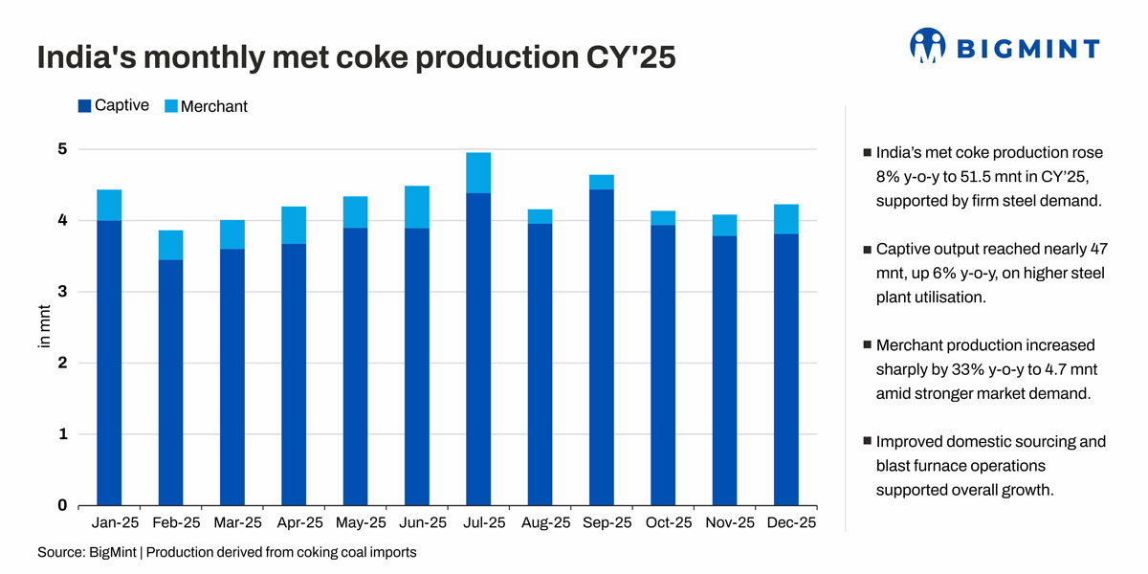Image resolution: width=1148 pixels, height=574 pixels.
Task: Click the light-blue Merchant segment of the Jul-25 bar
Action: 478,173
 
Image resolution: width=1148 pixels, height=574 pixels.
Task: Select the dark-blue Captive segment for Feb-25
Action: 170,383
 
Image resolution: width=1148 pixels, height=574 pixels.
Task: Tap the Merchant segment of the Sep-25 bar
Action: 601,183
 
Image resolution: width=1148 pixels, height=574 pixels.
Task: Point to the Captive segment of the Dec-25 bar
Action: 786,369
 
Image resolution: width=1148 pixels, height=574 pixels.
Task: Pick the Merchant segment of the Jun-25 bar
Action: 417,207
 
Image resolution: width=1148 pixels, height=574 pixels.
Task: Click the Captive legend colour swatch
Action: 84,105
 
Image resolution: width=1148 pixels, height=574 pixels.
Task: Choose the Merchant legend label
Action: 213,106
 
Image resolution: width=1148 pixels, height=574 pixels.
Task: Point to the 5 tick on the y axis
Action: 62,149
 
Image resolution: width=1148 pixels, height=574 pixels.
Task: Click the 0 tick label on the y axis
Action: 62,505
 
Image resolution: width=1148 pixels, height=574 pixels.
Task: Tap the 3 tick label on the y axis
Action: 62,292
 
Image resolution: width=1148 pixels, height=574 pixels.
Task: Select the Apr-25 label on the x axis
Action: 299,522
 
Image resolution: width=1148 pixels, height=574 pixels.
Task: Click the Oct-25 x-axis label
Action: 669,522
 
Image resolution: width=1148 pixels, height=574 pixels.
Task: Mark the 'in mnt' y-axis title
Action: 45,326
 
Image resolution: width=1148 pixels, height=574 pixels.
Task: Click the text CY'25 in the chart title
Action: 630,56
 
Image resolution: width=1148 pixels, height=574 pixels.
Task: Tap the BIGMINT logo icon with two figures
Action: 928,46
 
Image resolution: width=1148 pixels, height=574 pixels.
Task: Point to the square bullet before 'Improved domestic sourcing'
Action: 867,441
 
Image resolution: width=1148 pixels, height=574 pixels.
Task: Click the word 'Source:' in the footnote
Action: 61,553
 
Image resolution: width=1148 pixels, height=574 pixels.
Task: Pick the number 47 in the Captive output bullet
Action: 1099,249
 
